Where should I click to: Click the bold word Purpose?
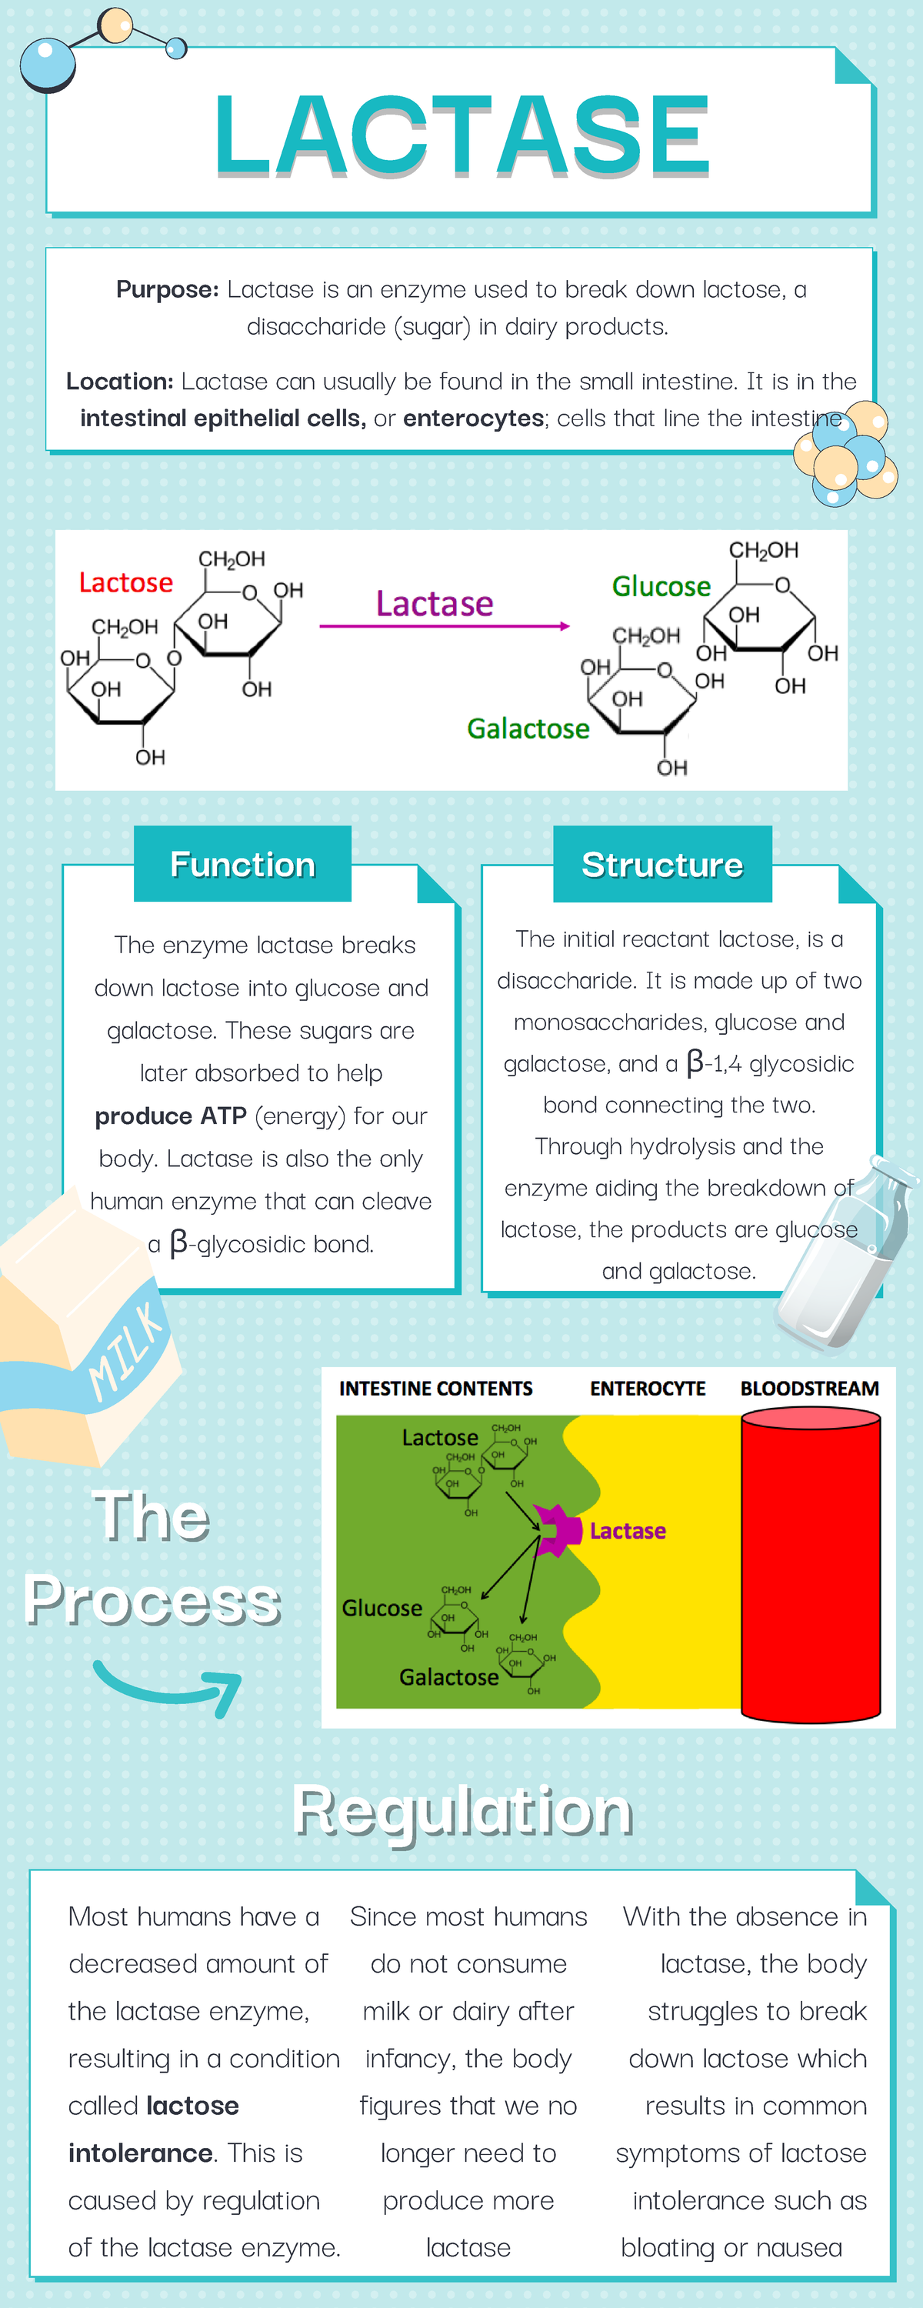click(x=168, y=289)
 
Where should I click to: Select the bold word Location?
click(x=119, y=382)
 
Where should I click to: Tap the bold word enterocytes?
click(x=473, y=419)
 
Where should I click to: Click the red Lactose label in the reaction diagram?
click(x=125, y=583)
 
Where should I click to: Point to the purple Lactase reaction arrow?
click(x=444, y=625)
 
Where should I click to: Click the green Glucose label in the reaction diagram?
click(x=661, y=587)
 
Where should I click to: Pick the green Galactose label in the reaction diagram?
click(x=528, y=729)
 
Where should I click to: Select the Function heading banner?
click(x=243, y=865)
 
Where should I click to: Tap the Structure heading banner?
click(x=662, y=865)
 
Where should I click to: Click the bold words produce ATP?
click(x=170, y=1116)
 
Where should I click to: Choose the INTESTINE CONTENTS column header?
click(x=435, y=1389)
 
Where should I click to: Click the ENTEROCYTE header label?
click(x=647, y=1389)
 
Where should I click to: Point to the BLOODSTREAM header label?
click(x=809, y=1389)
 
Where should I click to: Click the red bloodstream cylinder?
click(x=810, y=1564)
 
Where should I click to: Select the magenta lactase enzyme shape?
click(x=556, y=1530)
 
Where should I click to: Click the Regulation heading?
click(x=462, y=1812)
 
